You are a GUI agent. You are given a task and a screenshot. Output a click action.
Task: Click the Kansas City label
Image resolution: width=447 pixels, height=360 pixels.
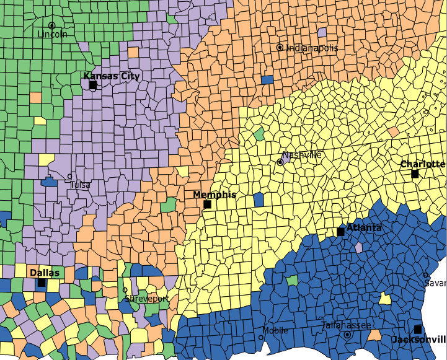(x=112, y=76)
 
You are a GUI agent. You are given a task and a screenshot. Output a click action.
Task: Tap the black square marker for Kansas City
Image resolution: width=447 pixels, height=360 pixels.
(x=93, y=85)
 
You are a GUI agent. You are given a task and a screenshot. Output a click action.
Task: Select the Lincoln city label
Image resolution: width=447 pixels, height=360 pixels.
(x=53, y=35)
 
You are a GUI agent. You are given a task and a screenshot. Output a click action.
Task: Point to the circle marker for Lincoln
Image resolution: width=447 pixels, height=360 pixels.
(x=52, y=26)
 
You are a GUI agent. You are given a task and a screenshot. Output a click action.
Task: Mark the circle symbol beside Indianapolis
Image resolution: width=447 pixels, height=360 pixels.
(x=280, y=47)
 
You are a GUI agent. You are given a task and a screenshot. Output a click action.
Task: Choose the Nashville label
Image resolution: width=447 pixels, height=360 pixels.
(x=302, y=155)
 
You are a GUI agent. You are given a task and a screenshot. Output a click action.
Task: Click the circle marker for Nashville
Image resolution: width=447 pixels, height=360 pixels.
(x=280, y=162)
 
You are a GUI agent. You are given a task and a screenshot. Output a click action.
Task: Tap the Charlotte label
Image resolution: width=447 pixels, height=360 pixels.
(x=423, y=164)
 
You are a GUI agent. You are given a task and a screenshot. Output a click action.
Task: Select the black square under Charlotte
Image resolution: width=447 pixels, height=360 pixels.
(x=415, y=174)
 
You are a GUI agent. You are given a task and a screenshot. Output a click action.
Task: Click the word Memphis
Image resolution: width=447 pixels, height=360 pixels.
(x=215, y=195)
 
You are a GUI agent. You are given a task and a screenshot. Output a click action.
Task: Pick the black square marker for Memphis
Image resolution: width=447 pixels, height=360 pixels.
(x=208, y=204)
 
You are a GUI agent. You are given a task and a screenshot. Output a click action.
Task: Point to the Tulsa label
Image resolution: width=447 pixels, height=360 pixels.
(x=79, y=185)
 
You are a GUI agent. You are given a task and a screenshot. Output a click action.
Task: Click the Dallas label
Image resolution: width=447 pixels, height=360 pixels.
(x=45, y=273)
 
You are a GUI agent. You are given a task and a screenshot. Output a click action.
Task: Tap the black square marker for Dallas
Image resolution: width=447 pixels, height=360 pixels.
(x=42, y=283)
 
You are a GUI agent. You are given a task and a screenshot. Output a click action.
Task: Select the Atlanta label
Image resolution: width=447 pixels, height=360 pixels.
(x=365, y=228)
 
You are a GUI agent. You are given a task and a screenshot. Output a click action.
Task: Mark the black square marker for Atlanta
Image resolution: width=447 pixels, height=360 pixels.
(x=340, y=232)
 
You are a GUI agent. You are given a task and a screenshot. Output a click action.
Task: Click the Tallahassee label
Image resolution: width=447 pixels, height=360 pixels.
(x=347, y=325)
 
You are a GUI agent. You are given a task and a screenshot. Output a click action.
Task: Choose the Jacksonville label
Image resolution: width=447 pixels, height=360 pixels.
(x=419, y=340)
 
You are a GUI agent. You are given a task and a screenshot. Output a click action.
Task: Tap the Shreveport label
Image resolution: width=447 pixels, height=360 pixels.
(x=147, y=299)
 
